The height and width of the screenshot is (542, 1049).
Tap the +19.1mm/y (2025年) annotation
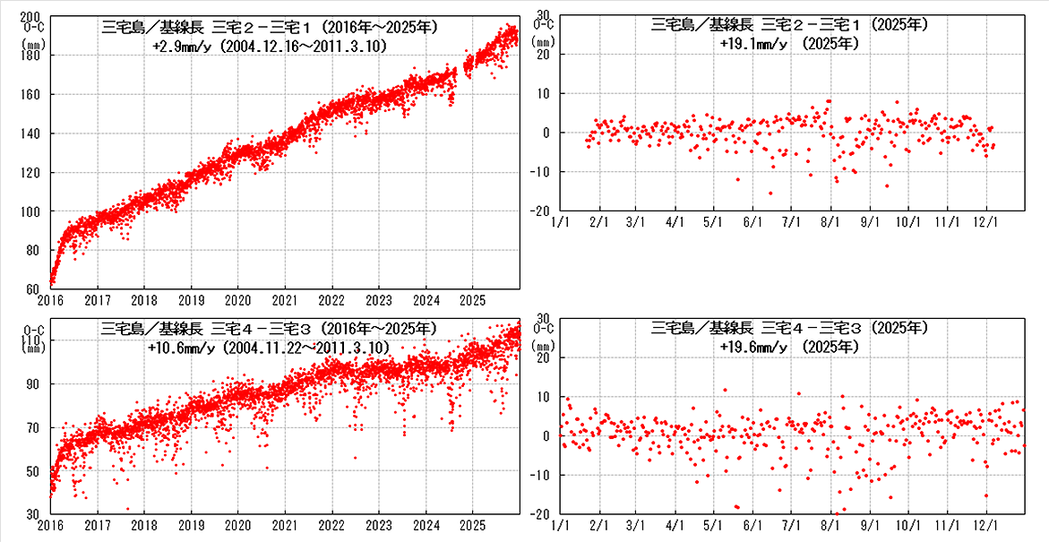click(789, 42)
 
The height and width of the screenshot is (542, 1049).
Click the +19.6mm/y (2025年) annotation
click(789, 346)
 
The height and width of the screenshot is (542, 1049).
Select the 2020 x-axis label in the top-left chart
click(237, 299)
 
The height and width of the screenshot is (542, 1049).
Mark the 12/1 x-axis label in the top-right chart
click(985, 220)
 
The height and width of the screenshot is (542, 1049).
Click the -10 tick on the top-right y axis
click(546, 172)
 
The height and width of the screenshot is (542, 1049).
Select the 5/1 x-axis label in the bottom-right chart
click(714, 525)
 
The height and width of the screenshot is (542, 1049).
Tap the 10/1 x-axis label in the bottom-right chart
click(907, 525)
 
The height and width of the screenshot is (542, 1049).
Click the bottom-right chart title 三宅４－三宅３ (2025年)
click(789, 328)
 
